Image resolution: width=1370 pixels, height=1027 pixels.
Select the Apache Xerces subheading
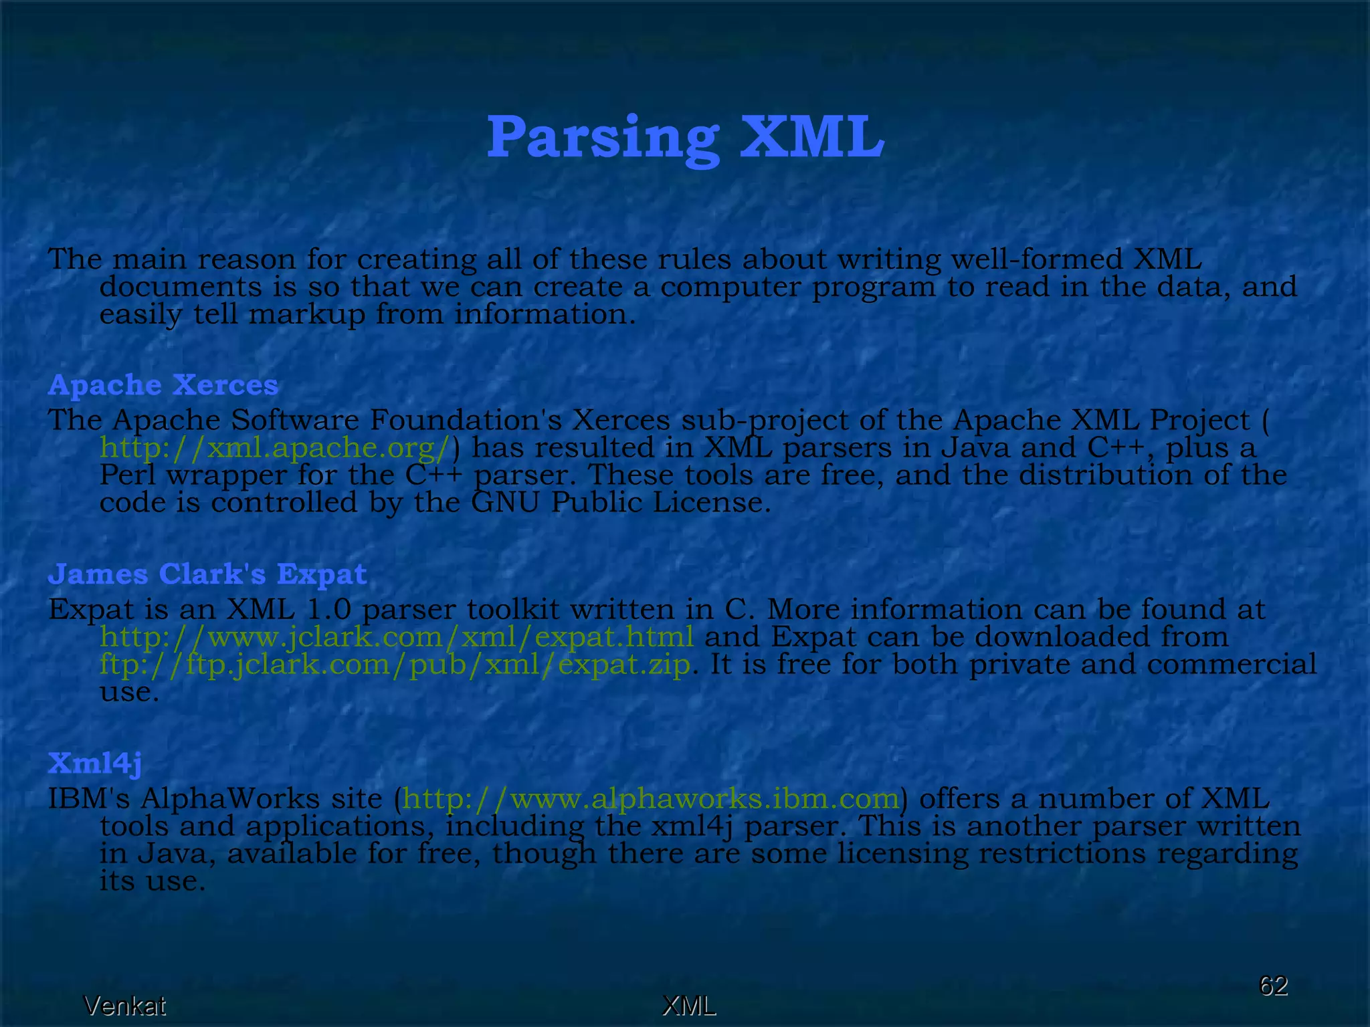point(163,385)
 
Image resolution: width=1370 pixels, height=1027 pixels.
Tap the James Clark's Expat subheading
point(207,574)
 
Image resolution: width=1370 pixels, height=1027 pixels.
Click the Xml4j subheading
point(94,763)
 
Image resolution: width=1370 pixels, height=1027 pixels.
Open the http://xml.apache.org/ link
point(274,448)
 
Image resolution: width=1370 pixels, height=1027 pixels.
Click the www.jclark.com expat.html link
point(397,637)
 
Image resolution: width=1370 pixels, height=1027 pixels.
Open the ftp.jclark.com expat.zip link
point(395,665)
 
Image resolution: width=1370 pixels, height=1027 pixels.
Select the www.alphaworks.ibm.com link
point(651,799)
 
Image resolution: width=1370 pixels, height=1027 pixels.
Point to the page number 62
point(1273,986)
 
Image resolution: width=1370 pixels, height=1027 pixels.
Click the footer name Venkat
point(124,1006)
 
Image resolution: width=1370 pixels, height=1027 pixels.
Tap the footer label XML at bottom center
point(688,1006)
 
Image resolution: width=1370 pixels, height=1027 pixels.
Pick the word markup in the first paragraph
point(307,314)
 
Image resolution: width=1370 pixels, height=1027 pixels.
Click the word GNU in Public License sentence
point(505,503)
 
